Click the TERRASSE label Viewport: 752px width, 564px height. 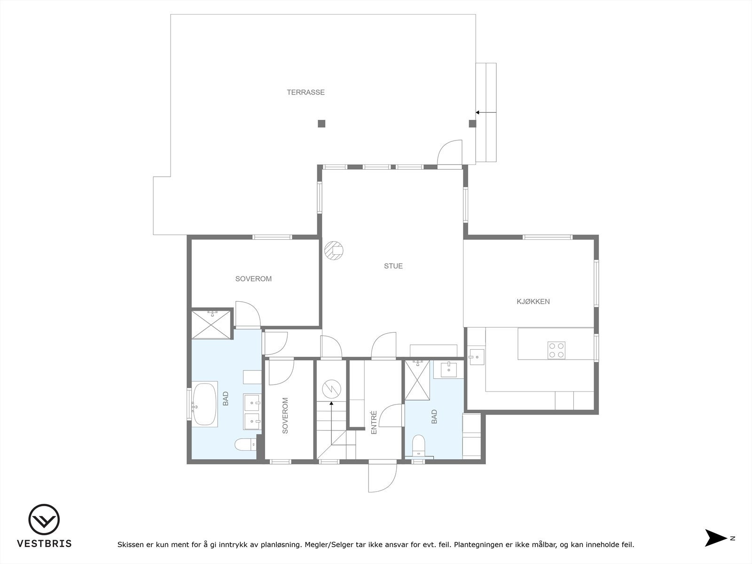[x=305, y=92]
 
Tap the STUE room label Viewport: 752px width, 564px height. [x=393, y=266]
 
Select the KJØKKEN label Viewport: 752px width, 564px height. [x=533, y=302]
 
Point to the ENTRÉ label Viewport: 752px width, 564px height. [x=374, y=422]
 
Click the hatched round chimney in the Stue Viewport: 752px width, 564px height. [x=334, y=251]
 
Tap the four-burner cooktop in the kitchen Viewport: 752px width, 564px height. [x=556, y=350]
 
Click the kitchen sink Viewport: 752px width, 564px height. [x=476, y=357]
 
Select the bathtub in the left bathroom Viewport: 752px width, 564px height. [x=204, y=404]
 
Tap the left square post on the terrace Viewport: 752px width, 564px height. [x=321, y=124]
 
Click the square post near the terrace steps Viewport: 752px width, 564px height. [x=472, y=124]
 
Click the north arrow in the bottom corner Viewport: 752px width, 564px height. [x=715, y=538]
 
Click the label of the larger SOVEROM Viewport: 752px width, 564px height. [x=253, y=279]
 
